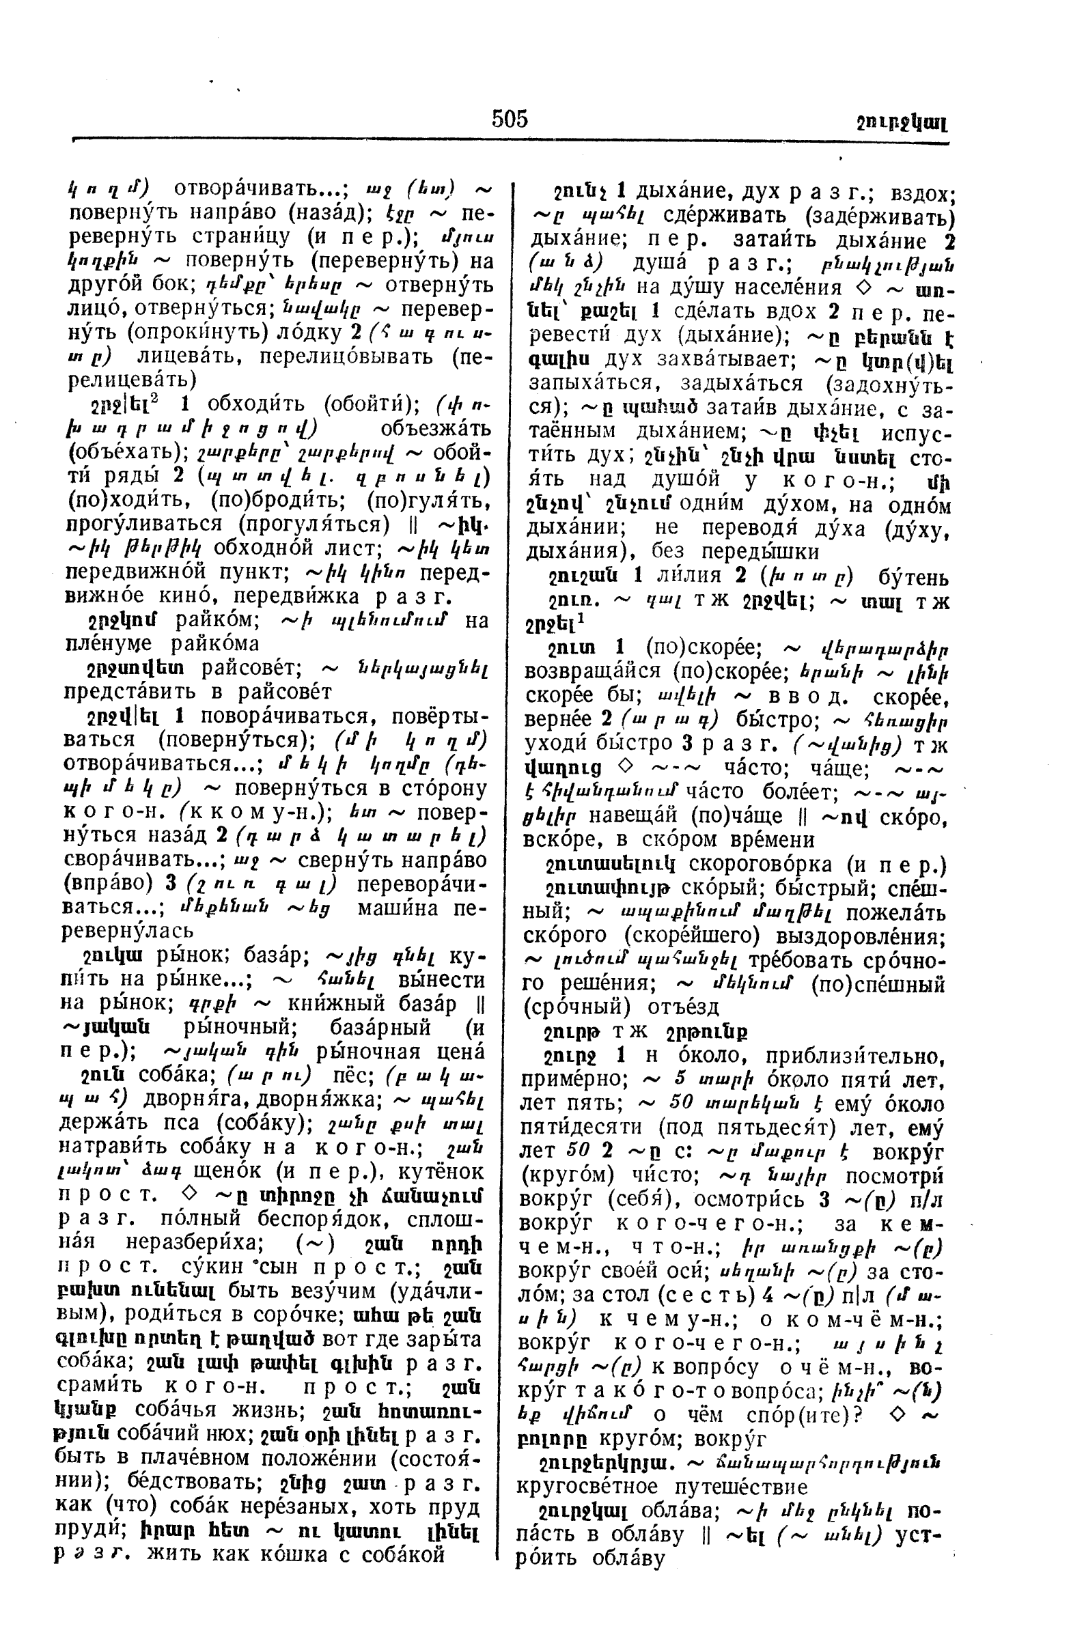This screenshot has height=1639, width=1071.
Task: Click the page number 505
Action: coord(509,119)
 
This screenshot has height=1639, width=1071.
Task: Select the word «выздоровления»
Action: coord(880,936)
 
